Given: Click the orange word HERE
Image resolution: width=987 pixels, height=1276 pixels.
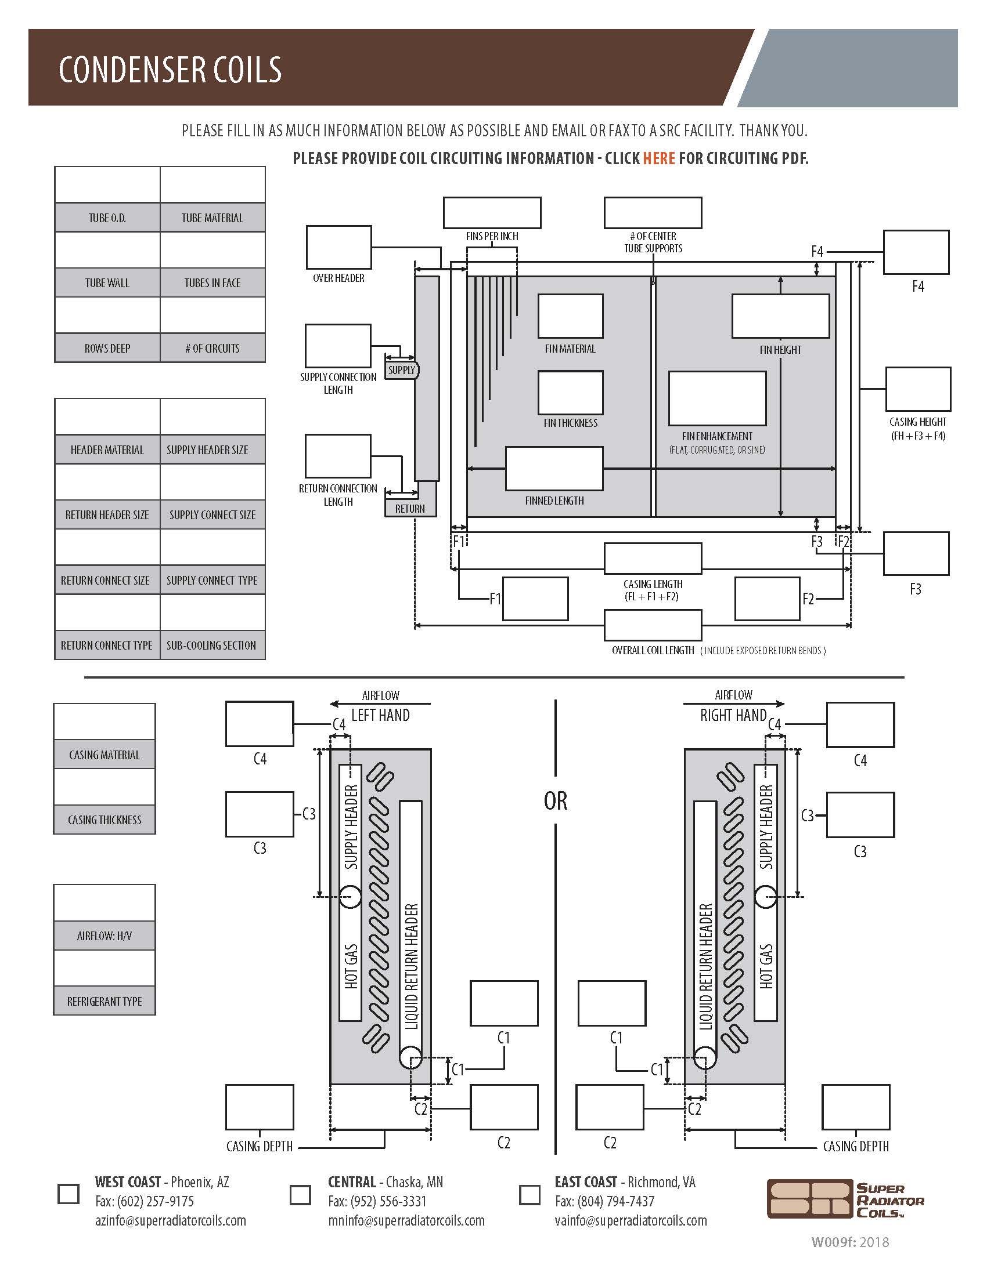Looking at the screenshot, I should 658,158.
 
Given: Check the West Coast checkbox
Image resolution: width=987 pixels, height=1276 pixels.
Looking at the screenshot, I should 69,1194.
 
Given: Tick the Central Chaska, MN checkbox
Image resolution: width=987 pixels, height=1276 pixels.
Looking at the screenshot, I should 301,1195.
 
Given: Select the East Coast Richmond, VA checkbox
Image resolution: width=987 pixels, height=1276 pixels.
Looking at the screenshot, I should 529,1195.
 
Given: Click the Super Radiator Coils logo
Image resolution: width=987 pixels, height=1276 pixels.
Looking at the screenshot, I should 845,1199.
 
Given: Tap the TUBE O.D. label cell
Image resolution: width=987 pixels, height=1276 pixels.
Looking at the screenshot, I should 107,218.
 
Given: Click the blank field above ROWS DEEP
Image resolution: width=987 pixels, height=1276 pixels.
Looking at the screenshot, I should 107,316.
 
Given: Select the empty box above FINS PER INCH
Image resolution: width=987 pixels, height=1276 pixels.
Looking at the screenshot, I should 492,213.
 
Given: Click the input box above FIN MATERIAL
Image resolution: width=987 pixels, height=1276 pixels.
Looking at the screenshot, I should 570,316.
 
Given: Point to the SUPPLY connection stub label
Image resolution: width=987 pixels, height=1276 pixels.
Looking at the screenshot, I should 402,370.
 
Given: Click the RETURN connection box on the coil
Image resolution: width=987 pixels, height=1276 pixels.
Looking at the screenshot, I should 410,508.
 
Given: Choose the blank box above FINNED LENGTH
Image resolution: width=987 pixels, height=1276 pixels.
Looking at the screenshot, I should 554,469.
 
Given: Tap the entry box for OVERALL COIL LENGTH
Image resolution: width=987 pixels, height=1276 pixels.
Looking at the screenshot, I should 653,625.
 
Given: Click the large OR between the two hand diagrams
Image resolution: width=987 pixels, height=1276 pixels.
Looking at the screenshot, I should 555,800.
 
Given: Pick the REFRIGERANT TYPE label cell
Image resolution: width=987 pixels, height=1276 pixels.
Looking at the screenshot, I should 105,1001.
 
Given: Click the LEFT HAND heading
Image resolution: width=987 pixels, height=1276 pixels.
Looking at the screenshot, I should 380,715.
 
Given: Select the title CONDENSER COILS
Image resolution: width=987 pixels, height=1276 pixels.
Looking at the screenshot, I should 170,69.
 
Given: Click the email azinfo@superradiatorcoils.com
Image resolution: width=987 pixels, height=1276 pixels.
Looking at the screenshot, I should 171,1220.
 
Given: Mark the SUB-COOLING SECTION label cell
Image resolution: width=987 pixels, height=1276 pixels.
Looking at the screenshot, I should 212,645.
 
